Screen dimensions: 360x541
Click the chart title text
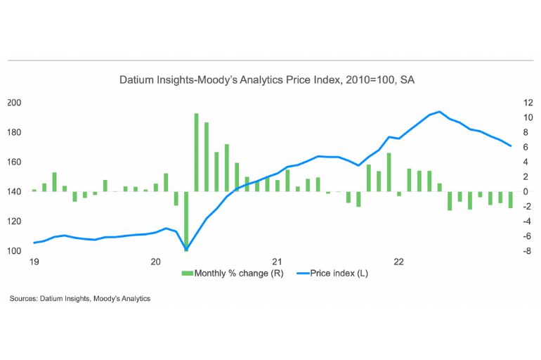click(x=266, y=81)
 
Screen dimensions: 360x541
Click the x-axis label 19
click(x=32, y=262)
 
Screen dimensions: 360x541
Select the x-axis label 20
click(x=156, y=262)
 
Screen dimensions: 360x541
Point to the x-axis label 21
click(x=278, y=262)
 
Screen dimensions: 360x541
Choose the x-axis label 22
click(x=399, y=262)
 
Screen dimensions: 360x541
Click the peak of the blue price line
click(x=439, y=112)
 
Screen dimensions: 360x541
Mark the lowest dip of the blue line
click(x=186, y=249)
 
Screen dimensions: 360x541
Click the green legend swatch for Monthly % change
click(x=187, y=274)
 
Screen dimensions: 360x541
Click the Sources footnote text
click(x=80, y=299)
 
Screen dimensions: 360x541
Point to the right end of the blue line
click(x=511, y=146)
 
